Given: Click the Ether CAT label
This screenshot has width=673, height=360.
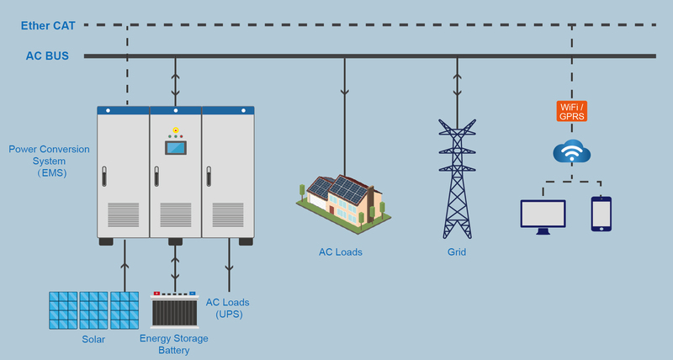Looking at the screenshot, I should click(48, 25).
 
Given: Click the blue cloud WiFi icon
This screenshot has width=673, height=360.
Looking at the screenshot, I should click(571, 153).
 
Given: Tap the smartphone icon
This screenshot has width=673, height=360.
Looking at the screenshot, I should click(601, 214).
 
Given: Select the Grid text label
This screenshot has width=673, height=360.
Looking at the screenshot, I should click(456, 251).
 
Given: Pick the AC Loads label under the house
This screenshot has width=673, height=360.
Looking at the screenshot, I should click(340, 251).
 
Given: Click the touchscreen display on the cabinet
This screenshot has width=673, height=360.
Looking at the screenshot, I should click(176, 149).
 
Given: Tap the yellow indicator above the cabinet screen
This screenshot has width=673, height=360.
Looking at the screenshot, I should click(176, 130).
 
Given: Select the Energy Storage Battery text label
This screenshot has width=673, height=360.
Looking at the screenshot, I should click(174, 344).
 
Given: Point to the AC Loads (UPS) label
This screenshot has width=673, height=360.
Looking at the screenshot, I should click(228, 308).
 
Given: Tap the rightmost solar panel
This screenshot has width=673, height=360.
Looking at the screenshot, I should click(125, 310).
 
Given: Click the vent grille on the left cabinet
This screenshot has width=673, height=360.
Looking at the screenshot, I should click(124, 214).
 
